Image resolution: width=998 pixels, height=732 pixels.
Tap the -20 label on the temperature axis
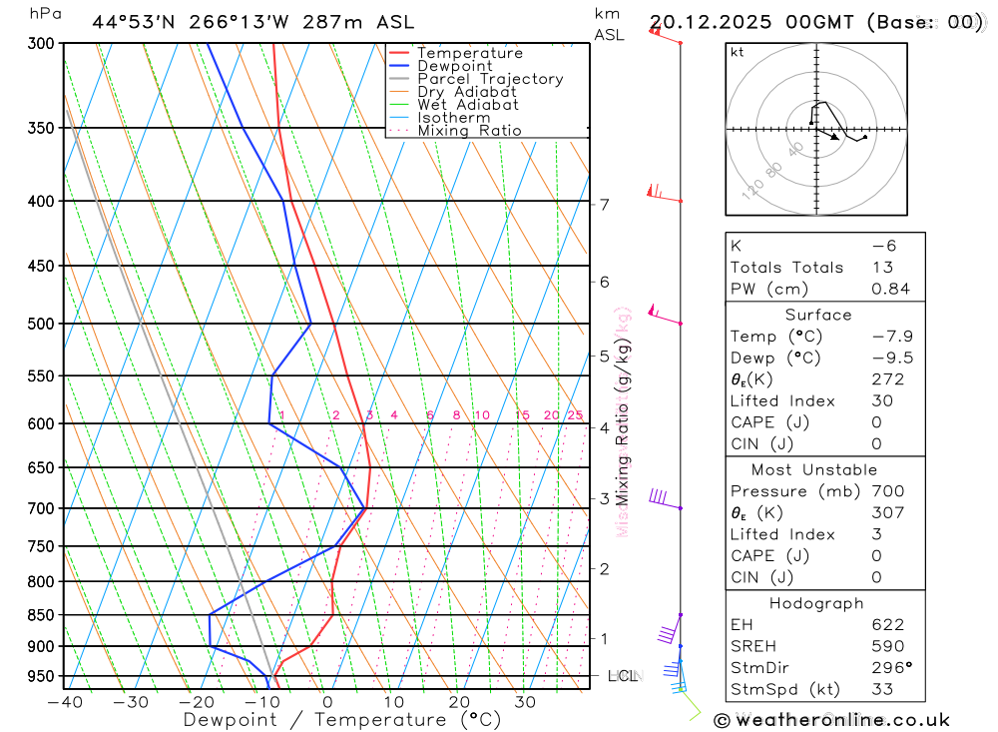pyautogui.click(x=197, y=702)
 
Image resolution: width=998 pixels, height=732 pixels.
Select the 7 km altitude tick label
pyautogui.click(x=605, y=205)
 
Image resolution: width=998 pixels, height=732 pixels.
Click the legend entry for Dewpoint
pyautogui.click(x=454, y=66)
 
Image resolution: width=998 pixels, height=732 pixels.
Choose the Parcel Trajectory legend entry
pyautogui.click(x=490, y=79)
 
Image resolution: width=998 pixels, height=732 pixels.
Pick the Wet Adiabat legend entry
pyautogui.click(x=468, y=105)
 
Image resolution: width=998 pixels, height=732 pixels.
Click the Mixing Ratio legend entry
pyautogui.click(x=469, y=131)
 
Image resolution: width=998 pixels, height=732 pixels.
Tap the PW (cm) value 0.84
pyautogui.click(x=890, y=290)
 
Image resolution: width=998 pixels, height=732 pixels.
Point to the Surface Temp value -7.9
pyautogui.click(x=892, y=337)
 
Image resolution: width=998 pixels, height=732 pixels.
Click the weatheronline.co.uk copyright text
pyautogui.click(x=831, y=720)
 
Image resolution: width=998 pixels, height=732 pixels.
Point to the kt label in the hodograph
pyautogui.click(x=738, y=52)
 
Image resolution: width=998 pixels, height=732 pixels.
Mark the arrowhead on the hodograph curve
pyautogui.click(x=836, y=137)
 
